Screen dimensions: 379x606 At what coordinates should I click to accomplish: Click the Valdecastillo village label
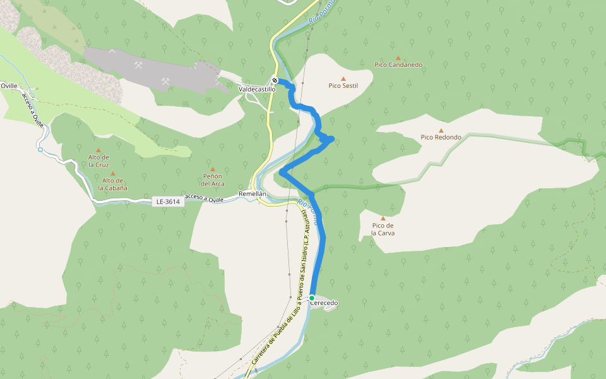[x=257, y=90]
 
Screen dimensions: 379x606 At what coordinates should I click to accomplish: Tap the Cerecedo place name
[x=324, y=303]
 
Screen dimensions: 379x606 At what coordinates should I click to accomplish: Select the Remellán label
[x=252, y=193]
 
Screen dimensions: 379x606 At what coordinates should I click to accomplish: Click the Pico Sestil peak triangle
[x=343, y=78]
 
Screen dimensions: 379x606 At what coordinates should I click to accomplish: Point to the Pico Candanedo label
[x=398, y=65]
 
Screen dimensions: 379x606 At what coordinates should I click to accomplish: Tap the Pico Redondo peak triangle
[x=441, y=130]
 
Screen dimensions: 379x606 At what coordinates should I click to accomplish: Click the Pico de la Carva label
[x=383, y=229]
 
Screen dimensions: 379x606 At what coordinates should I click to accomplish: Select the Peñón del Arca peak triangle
[x=213, y=169]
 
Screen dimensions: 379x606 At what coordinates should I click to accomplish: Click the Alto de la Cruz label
[x=98, y=160]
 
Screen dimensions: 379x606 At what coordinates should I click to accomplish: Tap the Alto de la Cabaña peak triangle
[x=113, y=173]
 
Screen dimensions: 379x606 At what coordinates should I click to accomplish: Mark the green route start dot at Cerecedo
[x=312, y=298]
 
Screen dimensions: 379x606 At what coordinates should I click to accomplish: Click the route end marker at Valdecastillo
[x=275, y=80]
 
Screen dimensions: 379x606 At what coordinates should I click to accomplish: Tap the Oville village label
[x=9, y=85]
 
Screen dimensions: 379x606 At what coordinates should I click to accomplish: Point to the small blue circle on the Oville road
[x=40, y=150]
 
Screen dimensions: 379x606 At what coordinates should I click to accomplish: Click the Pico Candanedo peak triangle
[x=398, y=57]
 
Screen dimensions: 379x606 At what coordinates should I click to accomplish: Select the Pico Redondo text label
[x=441, y=138]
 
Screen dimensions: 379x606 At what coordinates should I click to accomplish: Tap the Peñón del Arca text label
[x=213, y=180]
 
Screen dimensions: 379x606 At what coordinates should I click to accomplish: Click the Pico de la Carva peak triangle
[x=383, y=219]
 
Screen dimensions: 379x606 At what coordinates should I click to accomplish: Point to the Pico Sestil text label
[x=343, y=86]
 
